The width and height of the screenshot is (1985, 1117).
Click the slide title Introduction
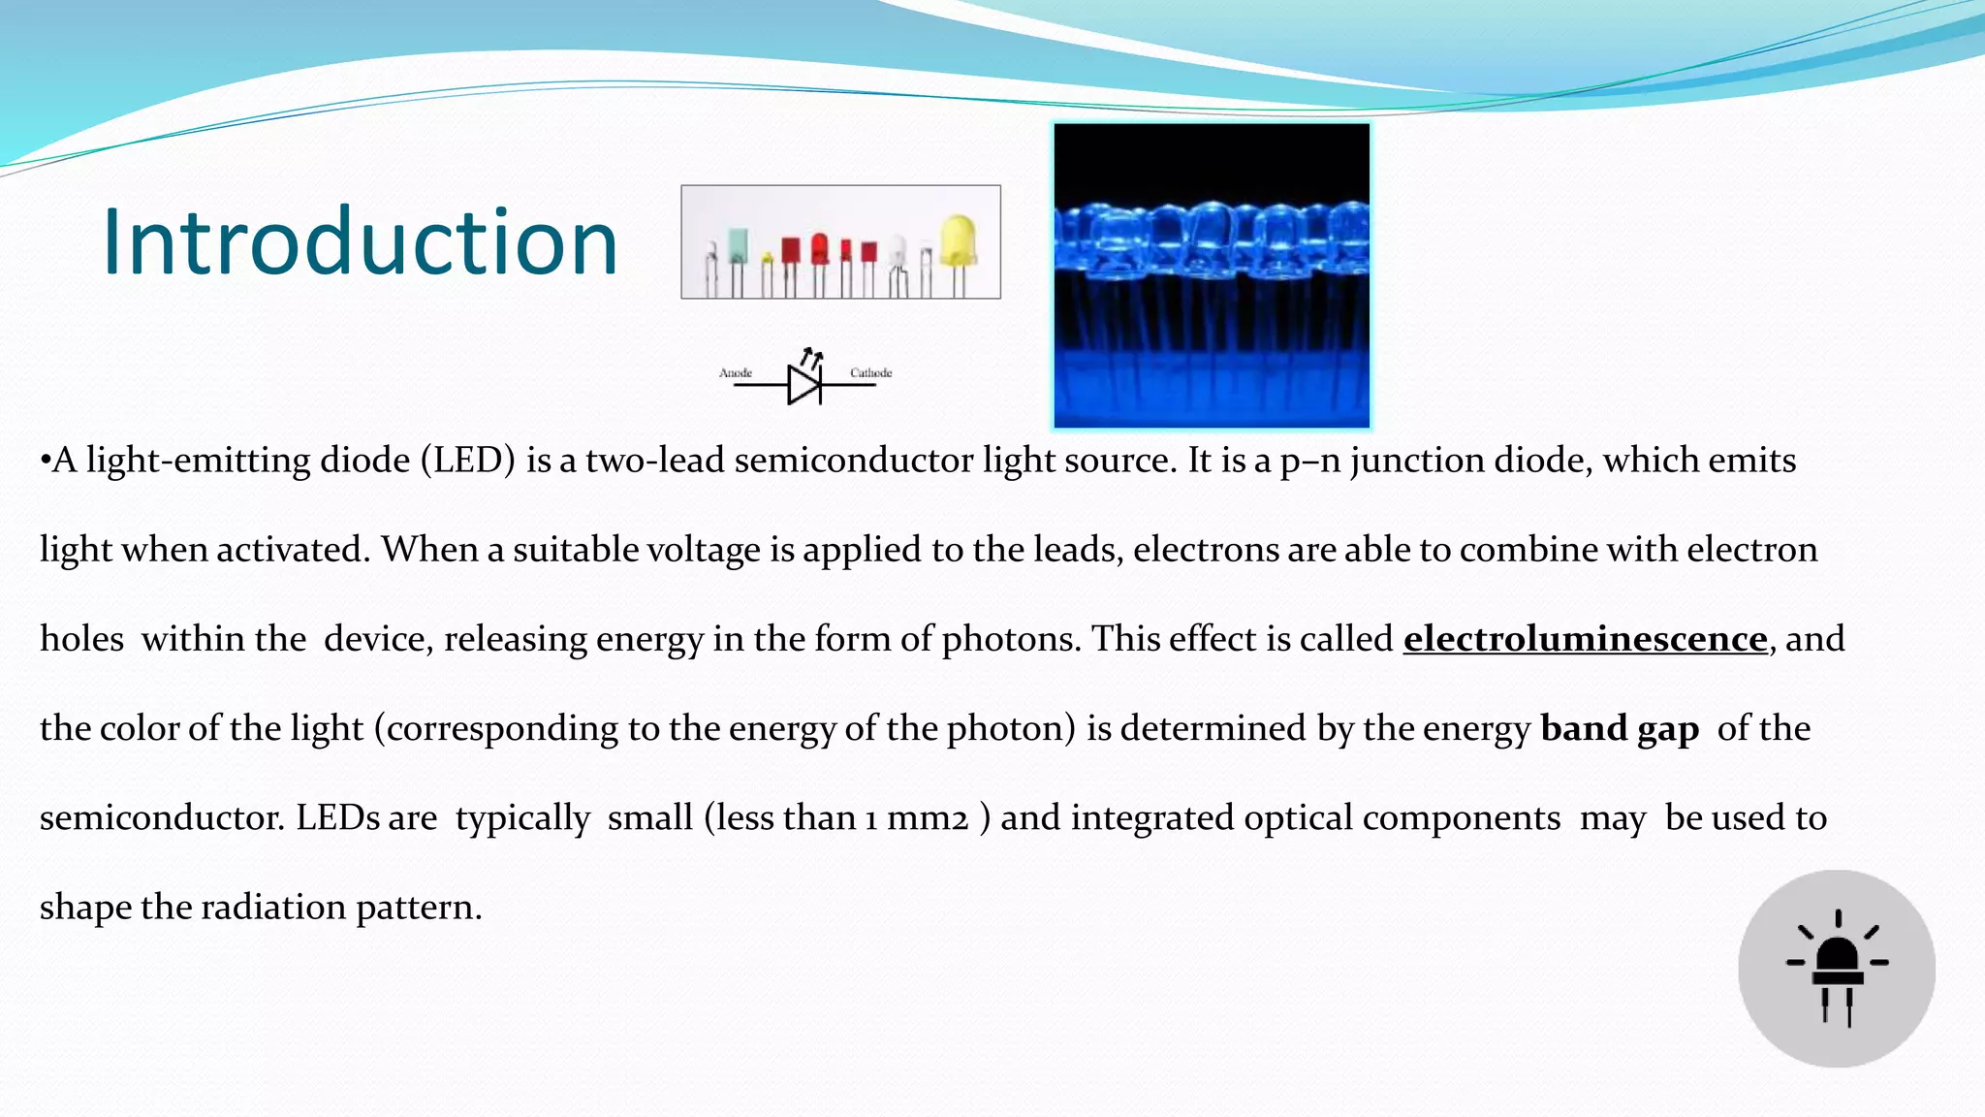pyautogui.click(x=360, y=242)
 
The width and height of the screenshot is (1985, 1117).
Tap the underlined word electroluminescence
pyautogui.click(x=1585, y=639)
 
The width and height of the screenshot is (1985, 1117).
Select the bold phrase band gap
pyautogui.click(x=1620, y=728)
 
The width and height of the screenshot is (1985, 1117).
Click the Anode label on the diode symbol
pyautogui.click(x=736, y=372)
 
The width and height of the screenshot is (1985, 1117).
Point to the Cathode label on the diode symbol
pyautogui.click(x=870, y=372)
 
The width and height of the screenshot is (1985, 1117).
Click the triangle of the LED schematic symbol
pyautogui.click(x=803, y=385)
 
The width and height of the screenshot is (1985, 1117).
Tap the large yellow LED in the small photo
pyautogui.click(x=958, y=239)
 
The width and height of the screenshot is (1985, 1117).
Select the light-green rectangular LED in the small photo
pyautogui.click(x=738, y=245)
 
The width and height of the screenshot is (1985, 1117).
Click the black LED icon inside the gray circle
pyautogui.click(x=1838, y=968)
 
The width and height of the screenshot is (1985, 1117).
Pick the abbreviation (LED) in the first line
pyautogui.click(x=467, y=461)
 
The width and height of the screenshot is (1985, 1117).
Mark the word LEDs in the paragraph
pyautogui.click(x=337, y=818)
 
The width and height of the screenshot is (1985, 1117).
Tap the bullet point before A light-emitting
pyautogui.click(x=45, y=461)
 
